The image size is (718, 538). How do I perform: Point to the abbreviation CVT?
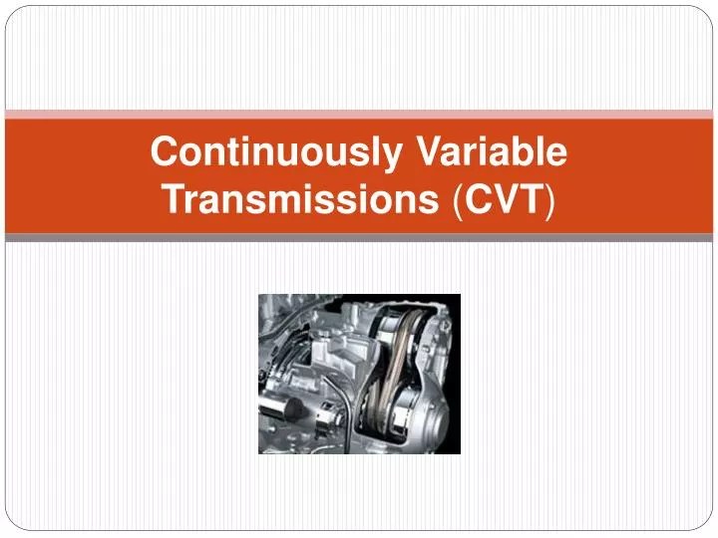pos(503,199)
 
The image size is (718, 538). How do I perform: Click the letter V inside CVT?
pos(505,199)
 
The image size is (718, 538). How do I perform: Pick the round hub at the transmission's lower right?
pos(420,423)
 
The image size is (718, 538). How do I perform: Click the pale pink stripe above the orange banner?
pos(359,114)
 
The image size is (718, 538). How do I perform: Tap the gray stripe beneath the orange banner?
pos(359,238)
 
